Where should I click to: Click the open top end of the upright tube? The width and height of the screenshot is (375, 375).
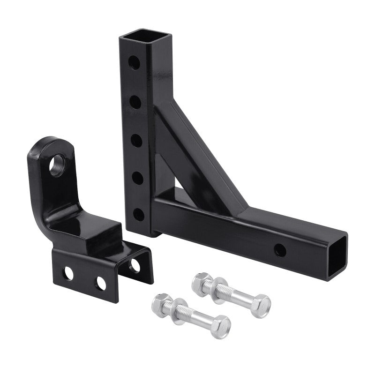tap(135, 36)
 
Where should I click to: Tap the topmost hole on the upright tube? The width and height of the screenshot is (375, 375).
tap(135, 62)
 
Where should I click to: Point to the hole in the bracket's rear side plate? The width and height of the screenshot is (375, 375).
tap(135, 265)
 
